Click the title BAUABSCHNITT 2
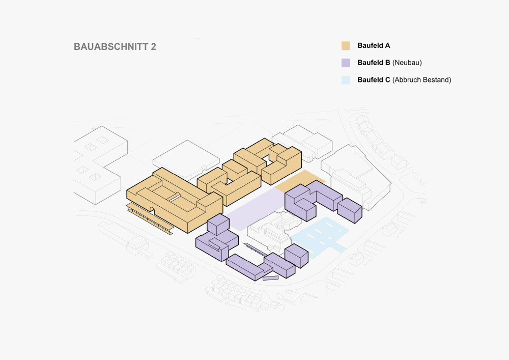(115, 47)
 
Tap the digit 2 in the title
(153, 47)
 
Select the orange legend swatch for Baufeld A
(346, 46)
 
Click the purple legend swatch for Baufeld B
(346, 63)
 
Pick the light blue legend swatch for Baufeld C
(346, 80)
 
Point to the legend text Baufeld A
(374, 46)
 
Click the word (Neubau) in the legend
(407, 63)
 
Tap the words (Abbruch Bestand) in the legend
(421, 80)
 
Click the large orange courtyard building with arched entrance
(175, 200)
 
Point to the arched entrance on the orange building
(152, 210)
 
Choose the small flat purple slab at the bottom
(270, 278)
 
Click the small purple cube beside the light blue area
(296, 256)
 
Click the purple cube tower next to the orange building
(218, 224)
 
